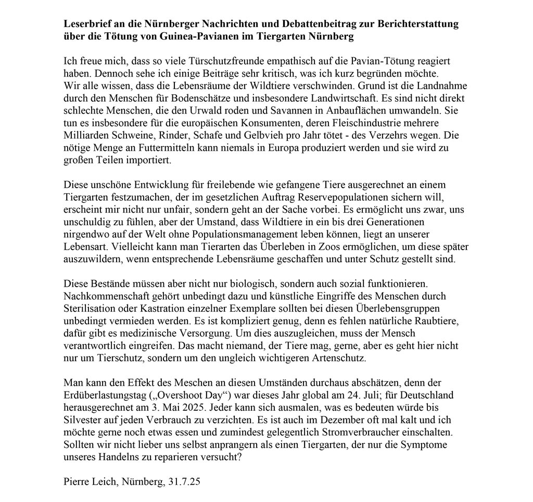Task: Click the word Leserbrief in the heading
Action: [86, 25]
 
